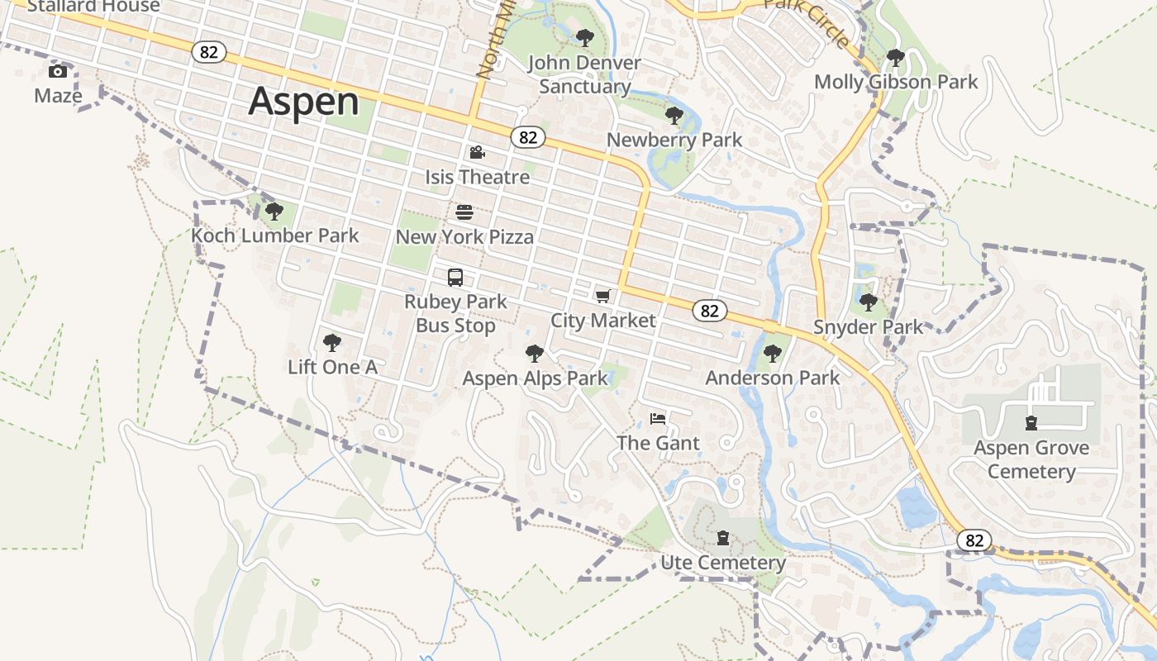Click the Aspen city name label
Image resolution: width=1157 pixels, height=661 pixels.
pyautogui.click(x=303, y=102)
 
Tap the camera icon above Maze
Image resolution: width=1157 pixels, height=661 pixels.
pyautogui.click(x=58, y=71)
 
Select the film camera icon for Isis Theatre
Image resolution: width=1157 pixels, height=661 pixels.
pyautogui.click(x=477, y=152)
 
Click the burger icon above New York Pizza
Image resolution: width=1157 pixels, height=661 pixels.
pyautogui.click(x=464, y=212)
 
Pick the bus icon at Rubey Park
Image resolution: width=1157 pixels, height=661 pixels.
pyautogui.click(x=455, y=278)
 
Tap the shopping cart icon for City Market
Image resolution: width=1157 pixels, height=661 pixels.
pyautogui.click(x=603, y=296)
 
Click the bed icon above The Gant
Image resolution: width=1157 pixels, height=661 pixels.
pyautogui.click(x=658, y=419)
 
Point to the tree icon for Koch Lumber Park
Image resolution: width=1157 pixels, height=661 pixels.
pyautogui.click(x=274, y=212)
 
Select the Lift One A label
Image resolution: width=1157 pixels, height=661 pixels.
pyautogui.click(x=332, y=367)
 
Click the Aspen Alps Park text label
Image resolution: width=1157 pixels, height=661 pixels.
pyautogui.click(x=535, y=378)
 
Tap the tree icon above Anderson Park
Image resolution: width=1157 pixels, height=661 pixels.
pyautogui.click(x=773, y=354)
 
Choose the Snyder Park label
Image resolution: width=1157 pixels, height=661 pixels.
pyautogui.click(x=868, y=326)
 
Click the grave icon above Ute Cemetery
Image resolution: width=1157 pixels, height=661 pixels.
pyautogui.click(x=723, y=538)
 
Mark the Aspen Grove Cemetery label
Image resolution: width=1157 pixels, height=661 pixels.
pyautogui.click(x=1031, y=459)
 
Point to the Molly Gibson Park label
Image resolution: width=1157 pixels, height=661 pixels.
pyautogui.click(x=896, y=82)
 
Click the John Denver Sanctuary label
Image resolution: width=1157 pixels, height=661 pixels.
pyautogui.click(x=584, y=74)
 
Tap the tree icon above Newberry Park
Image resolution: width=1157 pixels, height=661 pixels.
pyautogui.click(x=674, y=116)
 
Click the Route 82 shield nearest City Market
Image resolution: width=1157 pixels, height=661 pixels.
pyautogui.click(x=709, y=311)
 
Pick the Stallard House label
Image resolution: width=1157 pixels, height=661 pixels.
pyautogui.click(x=93, y=7)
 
